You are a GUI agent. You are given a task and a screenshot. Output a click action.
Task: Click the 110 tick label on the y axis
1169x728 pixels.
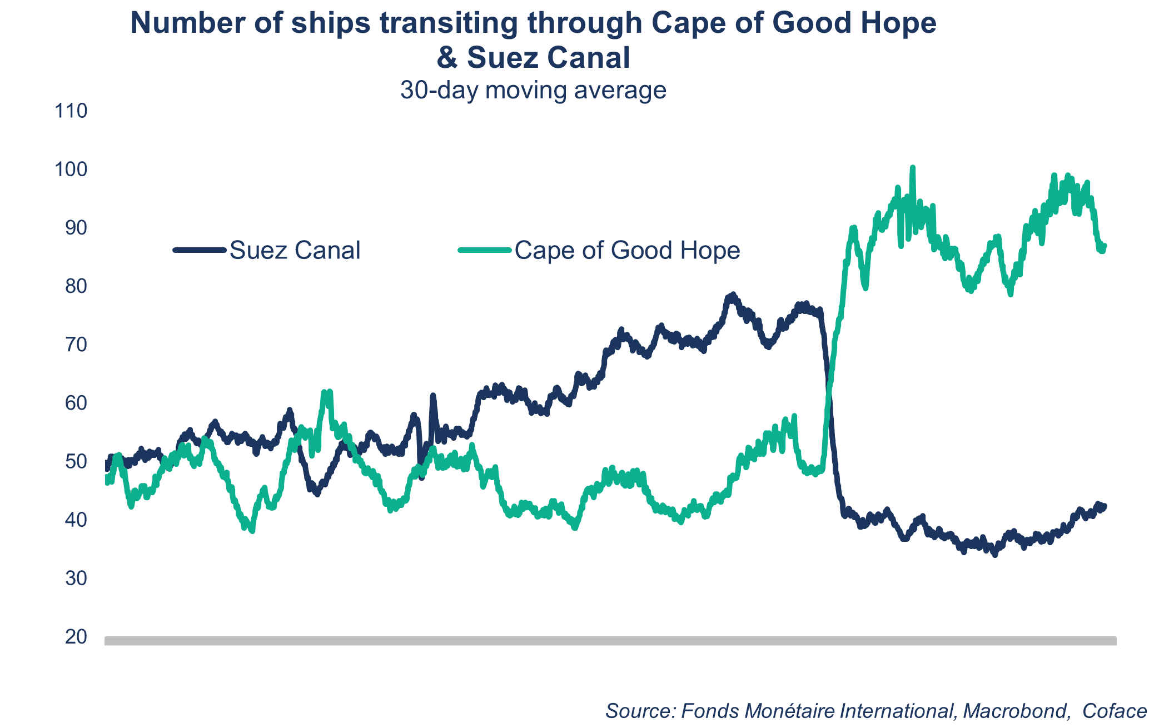(x=71, y=111)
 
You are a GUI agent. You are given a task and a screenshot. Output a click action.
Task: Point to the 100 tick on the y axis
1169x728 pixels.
(x=71, y=169)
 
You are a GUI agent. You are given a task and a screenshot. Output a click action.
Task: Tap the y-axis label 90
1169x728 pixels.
(x=76, y=228)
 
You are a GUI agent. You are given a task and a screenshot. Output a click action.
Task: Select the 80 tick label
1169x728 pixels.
(x=76, y=286)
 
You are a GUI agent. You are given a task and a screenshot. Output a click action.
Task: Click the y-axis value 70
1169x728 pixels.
(x=76, y=345)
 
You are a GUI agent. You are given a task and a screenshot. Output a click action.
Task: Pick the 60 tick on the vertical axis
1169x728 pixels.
(x=76, y=403)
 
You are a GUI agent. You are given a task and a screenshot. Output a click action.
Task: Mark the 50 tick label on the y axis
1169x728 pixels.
(x=76, y=461)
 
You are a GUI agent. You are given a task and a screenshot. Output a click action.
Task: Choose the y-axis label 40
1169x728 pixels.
(x=76, y=520)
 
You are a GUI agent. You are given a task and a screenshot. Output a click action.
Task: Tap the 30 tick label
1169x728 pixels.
(x=76, y=579)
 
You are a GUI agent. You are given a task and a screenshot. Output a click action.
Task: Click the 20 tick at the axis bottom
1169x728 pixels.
(x=76, y=637)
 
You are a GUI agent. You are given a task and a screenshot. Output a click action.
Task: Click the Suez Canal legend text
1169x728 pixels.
(x=295, y=251)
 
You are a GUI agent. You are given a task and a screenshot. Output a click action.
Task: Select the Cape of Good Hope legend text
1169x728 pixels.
(x=627, y=251)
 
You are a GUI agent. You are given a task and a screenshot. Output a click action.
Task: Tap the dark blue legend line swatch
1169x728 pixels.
(x=200, y=250)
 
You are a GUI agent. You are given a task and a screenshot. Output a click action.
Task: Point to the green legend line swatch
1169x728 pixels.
(x=484, y=250)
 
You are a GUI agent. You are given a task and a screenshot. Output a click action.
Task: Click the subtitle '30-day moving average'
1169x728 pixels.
(x=533, y=90)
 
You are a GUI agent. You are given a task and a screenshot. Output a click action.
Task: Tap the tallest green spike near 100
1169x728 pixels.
(x=912, y=168)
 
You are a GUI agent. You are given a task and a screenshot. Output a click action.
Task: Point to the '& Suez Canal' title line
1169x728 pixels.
(x=533, y=58)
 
